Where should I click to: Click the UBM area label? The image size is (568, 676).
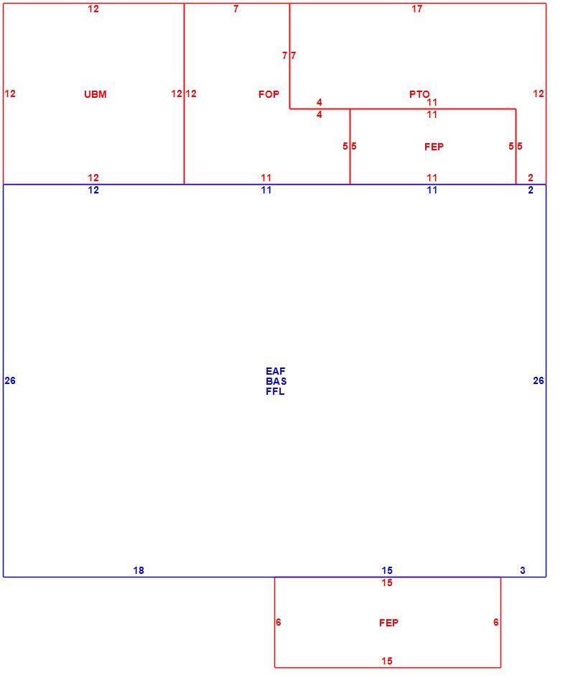point(96,94)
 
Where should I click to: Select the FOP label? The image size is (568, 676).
point(269,94)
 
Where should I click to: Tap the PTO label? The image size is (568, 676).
point(419,94)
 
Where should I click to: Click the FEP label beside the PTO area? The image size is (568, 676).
point(434,147)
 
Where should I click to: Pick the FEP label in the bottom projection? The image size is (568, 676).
point(388,623)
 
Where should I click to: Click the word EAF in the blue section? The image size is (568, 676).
point(276,371)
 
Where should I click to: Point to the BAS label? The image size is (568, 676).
point(276,381)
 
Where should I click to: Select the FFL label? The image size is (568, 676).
point(275,391)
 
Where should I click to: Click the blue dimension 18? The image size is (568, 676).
point(139,570)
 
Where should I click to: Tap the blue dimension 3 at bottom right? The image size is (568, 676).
point(522,570)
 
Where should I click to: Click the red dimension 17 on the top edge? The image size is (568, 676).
point(417,9)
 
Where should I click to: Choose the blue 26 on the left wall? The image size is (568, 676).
point(10,380)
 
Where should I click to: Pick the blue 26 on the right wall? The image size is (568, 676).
point(539,380)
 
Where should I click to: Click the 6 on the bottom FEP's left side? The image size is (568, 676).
point(278,622)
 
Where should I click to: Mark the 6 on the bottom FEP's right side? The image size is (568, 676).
point(495,622)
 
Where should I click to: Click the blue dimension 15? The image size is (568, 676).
point(387,570)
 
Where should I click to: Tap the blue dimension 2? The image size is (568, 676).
point(531,190)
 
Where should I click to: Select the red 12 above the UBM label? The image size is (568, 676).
point(93,9)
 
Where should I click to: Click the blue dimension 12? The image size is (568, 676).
point(93,190)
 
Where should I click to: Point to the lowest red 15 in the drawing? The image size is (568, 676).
point(387,661)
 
